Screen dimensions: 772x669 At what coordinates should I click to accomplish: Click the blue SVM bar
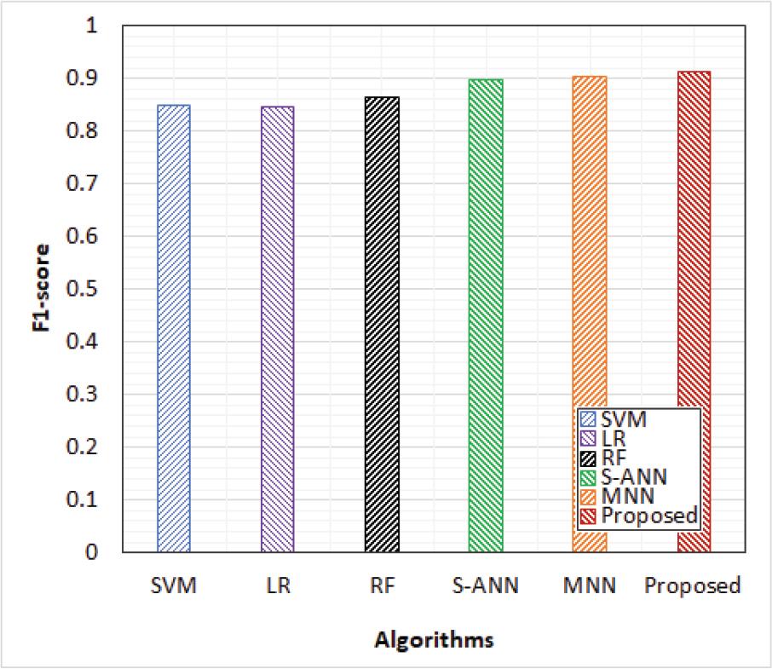(x=174, y=328)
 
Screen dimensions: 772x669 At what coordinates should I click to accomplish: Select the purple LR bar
(x=278, y=329)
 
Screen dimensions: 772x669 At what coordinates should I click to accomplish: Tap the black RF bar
(x=382, y=325)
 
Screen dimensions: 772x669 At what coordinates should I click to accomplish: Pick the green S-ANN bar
(x=486, y=315)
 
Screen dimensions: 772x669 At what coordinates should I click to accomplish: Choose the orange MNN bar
(x=590, y=314)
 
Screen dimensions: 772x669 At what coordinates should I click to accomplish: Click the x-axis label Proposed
(x=693, y=586)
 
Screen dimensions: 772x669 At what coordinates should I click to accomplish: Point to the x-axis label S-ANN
(x=486, y=585)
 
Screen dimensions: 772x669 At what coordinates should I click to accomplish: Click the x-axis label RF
(x=383, y=585)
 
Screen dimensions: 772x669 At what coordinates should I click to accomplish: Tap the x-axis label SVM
(x=174, y=585)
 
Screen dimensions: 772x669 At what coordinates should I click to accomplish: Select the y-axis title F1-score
(x=42, y=287)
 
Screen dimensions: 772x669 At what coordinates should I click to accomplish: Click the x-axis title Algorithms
(x=435, y=640)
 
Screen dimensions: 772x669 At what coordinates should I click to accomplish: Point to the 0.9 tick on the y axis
(x=82, y=78)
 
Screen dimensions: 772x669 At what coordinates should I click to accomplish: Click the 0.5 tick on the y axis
(x=82, y=288)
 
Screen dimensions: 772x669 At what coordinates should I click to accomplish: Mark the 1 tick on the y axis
(x=91, y=25)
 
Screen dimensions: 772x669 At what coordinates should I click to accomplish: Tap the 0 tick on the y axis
(x=91, y=552)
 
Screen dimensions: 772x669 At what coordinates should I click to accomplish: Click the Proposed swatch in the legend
(x=588, y=516)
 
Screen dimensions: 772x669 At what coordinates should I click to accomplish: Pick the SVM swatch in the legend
(x=588, y=419)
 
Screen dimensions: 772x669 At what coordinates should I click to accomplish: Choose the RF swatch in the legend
(x=588, y=458)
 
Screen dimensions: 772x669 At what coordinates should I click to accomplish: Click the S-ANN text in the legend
(x=634, y=477)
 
